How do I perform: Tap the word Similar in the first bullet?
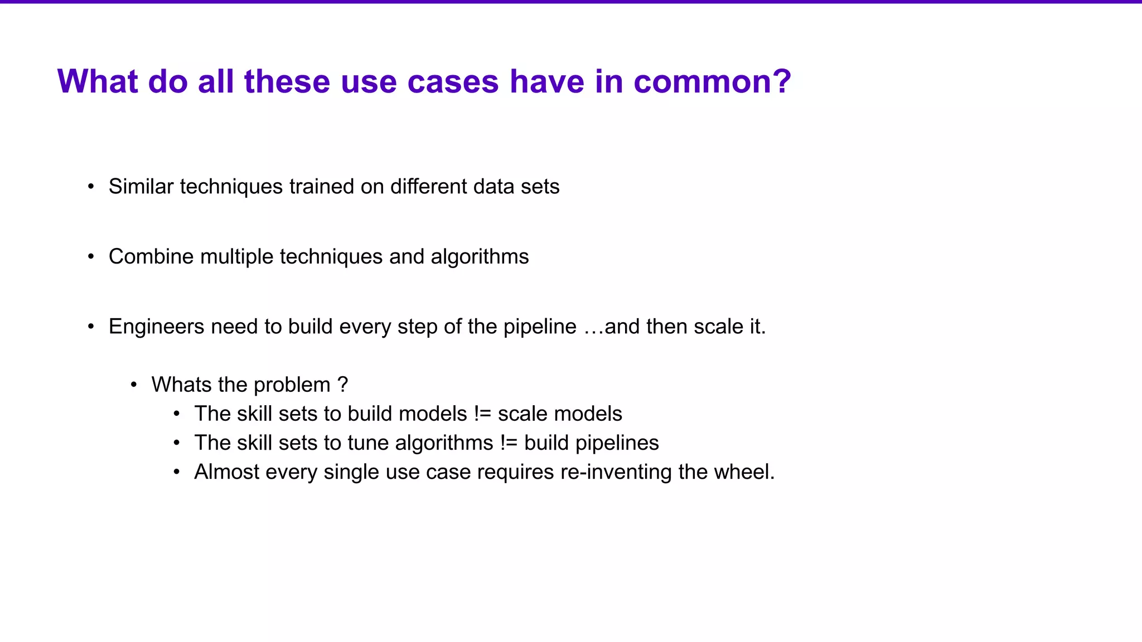141,187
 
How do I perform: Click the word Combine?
151,257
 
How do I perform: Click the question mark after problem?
343,385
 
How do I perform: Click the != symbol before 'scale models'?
482,414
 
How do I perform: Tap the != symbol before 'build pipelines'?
509,443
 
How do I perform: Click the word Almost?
226,472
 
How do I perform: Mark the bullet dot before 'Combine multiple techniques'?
91,257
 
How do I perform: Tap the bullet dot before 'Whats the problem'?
134,385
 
